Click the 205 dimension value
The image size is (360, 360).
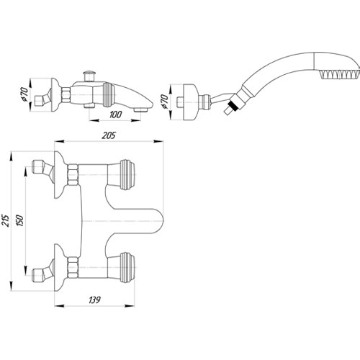[x=109, y=135]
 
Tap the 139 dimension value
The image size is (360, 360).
[x=94, y=300]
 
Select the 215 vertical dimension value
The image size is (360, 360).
[x=6, y=220]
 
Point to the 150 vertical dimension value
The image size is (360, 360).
[x=20, y=220]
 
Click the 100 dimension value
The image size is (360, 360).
[x=116, y=114]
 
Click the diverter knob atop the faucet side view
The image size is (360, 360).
[x=89, y=76]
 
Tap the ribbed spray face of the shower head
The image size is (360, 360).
[x=340, y=74]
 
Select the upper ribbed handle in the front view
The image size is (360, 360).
[x=127, y=175]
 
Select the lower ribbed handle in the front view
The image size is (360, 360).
[x=127, y=267]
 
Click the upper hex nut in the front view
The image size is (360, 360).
[x=73, y=175]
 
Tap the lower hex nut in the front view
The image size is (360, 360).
[x=73, y=267]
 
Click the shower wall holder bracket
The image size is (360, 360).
[x=191, y=102]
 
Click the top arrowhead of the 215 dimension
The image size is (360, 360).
[x=11, y=157]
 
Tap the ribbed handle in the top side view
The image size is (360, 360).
[x=109, y=95]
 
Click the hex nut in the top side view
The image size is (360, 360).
[x=66, y=95]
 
